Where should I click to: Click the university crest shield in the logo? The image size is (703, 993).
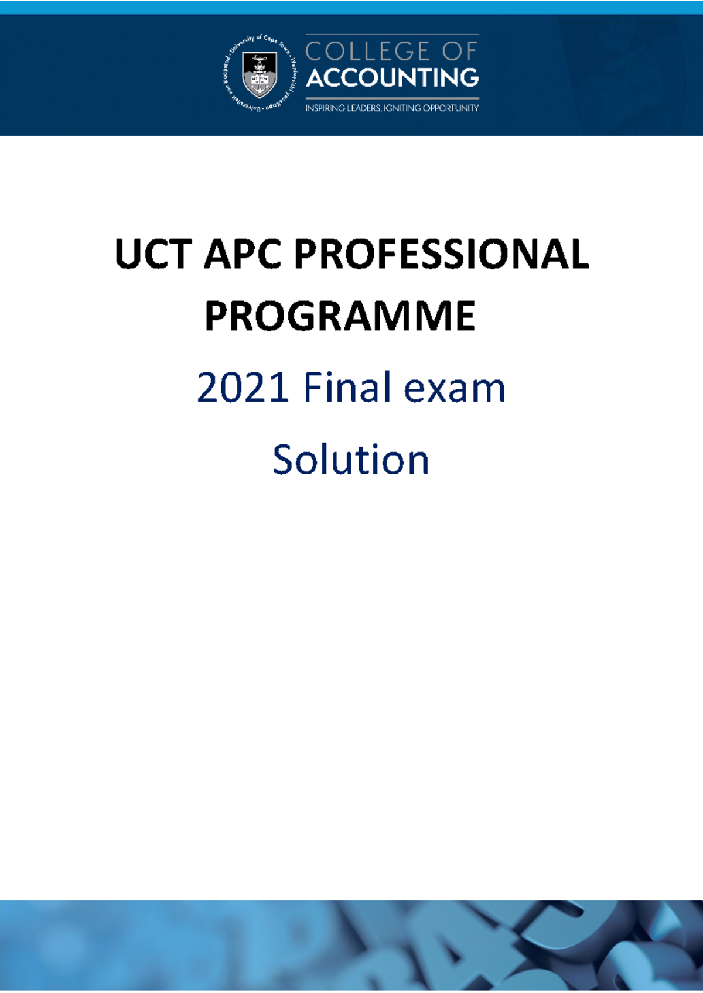tap(260, 74)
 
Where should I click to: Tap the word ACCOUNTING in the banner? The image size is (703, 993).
tap(392, 77)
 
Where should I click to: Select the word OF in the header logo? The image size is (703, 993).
tap(460, 52)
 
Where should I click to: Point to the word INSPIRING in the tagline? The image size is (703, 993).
tap(325, 108)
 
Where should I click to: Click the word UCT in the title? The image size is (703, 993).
tap(153, 255)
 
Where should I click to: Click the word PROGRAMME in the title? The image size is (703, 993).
tap(340, 317)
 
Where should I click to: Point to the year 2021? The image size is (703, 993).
tap(243, 388)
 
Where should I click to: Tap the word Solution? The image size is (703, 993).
tap(351, 460)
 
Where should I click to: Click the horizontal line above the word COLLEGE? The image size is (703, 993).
tap(392, 35)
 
